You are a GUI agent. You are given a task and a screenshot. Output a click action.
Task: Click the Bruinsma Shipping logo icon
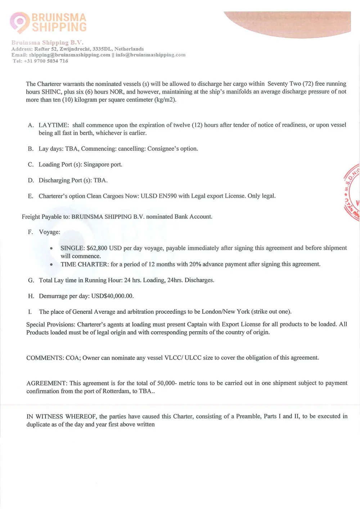coord(19,22)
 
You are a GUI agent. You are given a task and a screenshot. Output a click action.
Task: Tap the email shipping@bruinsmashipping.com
coord(69,55)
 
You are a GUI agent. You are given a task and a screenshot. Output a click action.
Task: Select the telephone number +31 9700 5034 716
coord(46,61)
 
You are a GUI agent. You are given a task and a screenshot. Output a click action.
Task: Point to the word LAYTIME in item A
coord(53,125)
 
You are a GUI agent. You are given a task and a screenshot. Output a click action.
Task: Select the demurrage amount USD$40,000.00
coord(112,296)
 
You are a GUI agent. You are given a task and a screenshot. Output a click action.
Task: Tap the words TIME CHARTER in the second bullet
coord(84,264)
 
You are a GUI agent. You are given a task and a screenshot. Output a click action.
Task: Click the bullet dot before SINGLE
coord(51,248)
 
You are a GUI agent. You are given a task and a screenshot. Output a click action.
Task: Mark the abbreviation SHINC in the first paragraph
coord(51,92)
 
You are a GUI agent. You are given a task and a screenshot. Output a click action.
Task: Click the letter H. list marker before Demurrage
coord(31,296)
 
